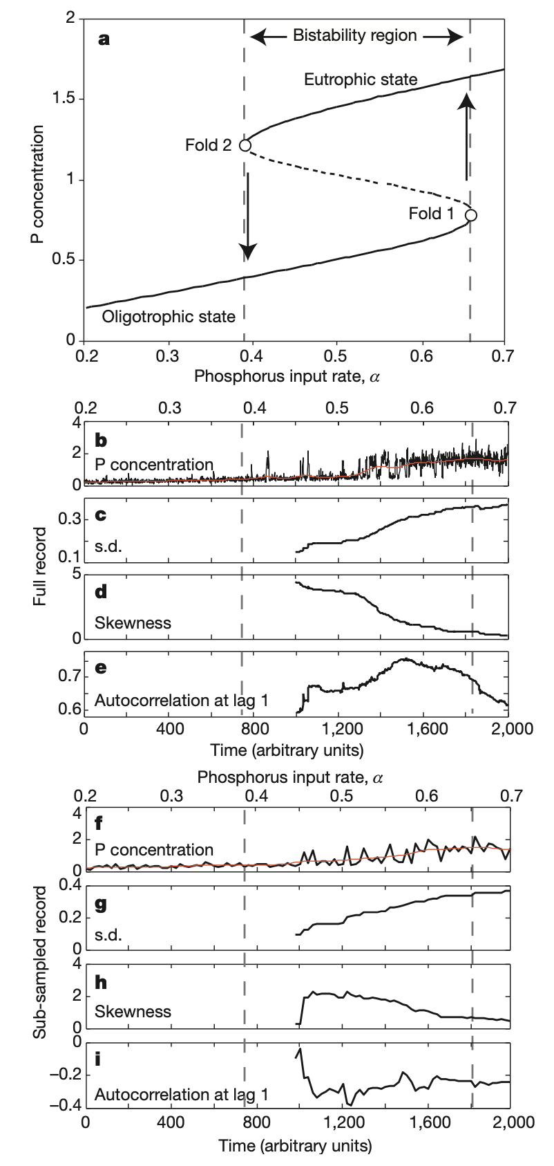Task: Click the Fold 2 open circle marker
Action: (245, 145)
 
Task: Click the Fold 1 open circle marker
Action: (471, 215)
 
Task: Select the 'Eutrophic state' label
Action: (361, 80)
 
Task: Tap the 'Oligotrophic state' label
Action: (169, 317)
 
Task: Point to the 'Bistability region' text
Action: (355, 35)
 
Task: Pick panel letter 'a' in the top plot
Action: (104, 39)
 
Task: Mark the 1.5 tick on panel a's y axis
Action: (64, 99)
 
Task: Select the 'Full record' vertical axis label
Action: (39, 566)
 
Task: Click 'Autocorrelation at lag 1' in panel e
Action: (181, 700)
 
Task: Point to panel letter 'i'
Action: (97, 1058)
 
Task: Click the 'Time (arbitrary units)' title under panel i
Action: (296, 1145)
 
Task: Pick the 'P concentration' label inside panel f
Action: (153, 849)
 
